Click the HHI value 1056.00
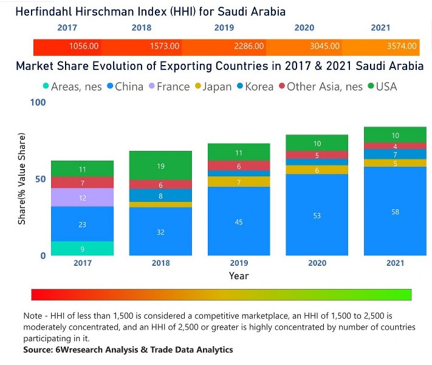pyautogui.click(x=83, y=46)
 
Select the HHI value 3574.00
pyautogui.click(x=402, y=46)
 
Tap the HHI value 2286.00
pyautogui.click(x=249, y=46)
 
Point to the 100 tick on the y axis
pyautogui.click(x=38, y=103)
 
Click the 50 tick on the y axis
pyautogui.click(x=40, y=179)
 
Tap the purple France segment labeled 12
pyautogui.click(x=82, y=198)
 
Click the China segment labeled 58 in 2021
pyautogui.click(x=395, y=211)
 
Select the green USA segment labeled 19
pyautogui.click(x=160, y=165)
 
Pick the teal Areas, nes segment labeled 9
pyautogui.click(x=82, y=248)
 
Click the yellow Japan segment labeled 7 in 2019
pyautogui.click(x=239, y=182)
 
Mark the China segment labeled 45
pyautogui.click(x=239, y=221)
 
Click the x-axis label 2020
pyautogui.click(x=317, y=263)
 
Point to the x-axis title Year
pyautogui.click(x=239, y=276)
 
